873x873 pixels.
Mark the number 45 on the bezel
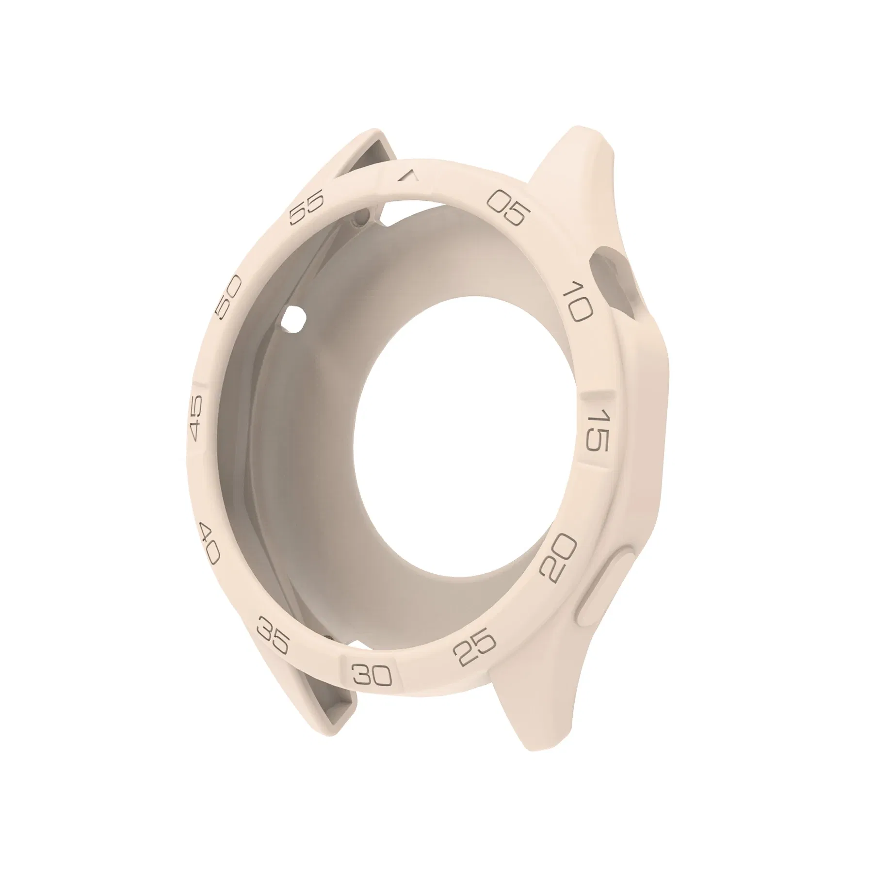(x=196, y=418)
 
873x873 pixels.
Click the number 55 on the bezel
(x=306, y=209)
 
